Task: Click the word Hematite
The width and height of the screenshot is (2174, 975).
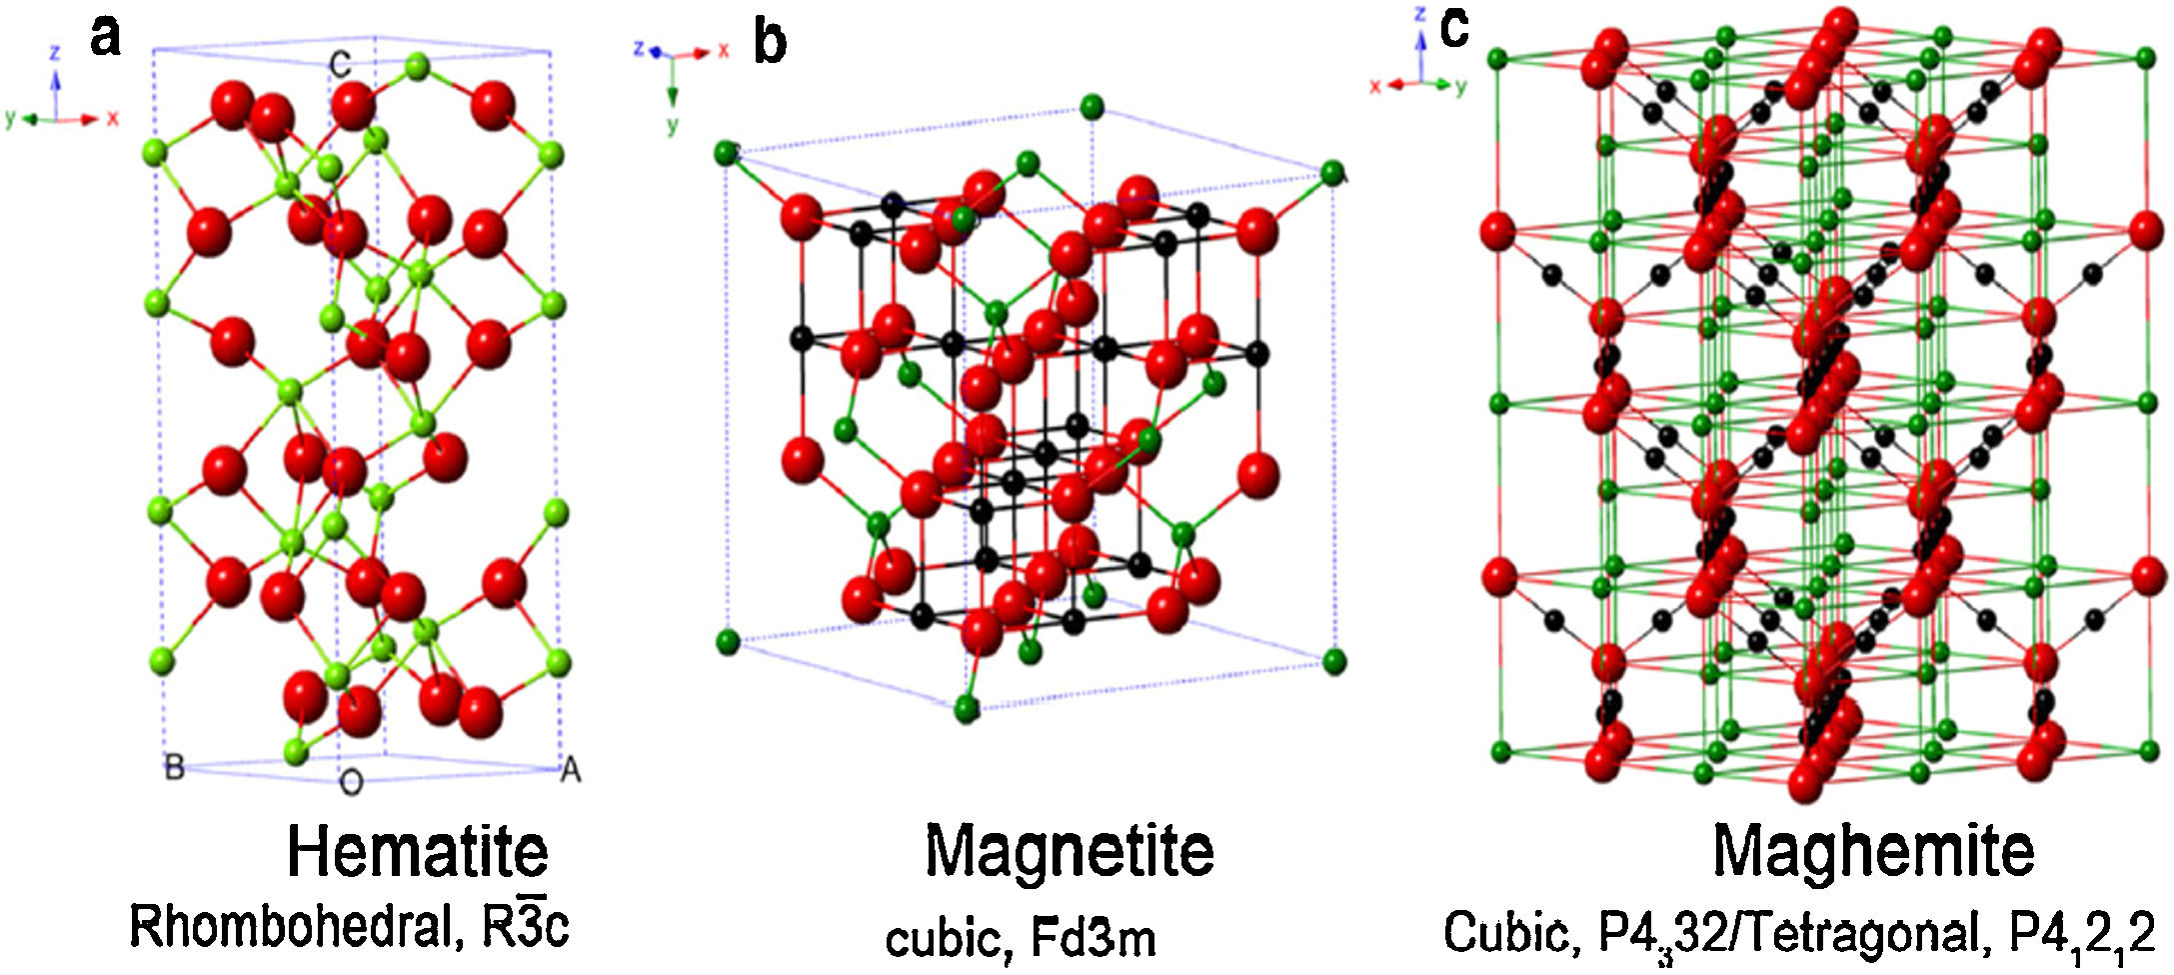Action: pyautogui.click(x=418, y=852)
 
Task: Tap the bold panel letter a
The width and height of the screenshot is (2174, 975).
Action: pyautogui.click(x=105, y=37)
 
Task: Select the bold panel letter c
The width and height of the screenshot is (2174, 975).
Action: pyautogui.click(x=1454, y=29)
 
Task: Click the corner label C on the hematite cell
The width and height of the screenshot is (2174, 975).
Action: pyautogui.click(x=340, y=66)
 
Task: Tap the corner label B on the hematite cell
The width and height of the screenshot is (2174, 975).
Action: pyautogui.click(x=174, y=768)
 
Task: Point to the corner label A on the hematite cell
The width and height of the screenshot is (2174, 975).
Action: pyautogui.click(x=571, y=770)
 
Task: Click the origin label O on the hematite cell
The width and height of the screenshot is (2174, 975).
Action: pyautogui.click(x=351, y=783)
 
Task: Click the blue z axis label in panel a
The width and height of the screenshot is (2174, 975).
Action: pyautogui.click(x=56, y=51)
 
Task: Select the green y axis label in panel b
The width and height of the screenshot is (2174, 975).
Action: pyautogui.click(x=672, y=125)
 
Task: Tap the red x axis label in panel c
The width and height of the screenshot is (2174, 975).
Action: pyautogui.click(x=1375, y=87)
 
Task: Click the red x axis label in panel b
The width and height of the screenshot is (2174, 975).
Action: pyautogui.click(x=724, y=49)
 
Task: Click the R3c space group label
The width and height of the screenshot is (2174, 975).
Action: pyautogui.click(x=525, y=926)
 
